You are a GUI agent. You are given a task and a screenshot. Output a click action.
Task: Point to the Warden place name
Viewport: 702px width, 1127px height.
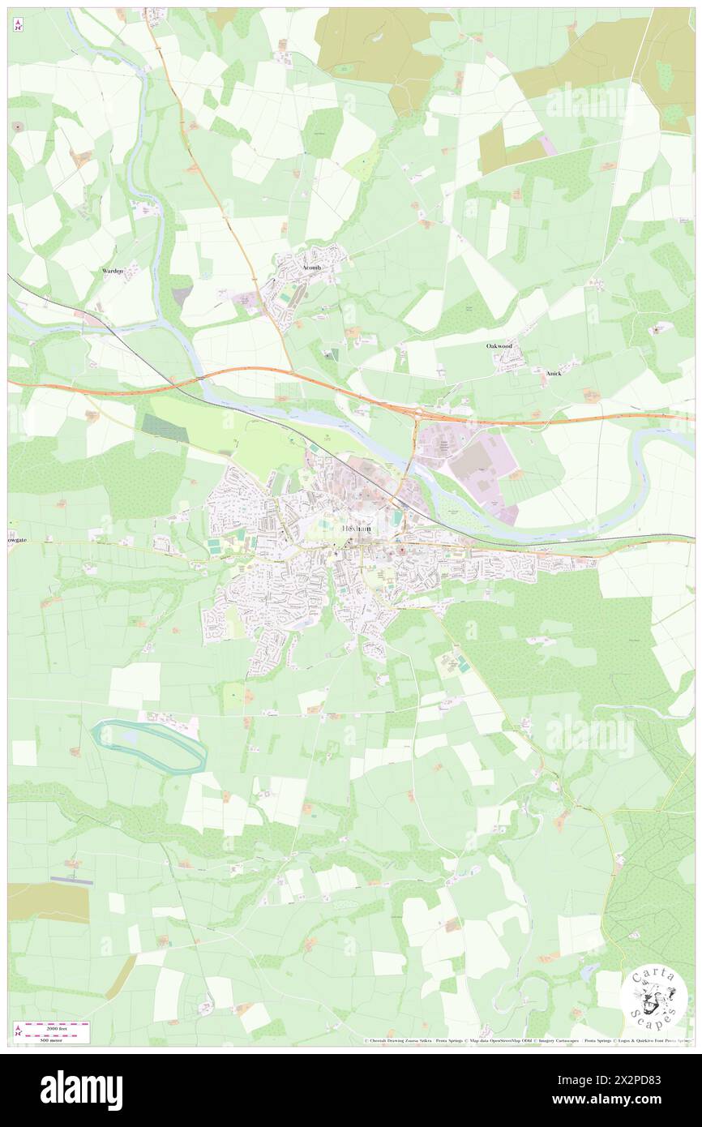pyautogui.click(x=113, y=270)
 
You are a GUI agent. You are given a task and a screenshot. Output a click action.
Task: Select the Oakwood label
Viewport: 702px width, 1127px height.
pyautogui.click(x=499, y=346)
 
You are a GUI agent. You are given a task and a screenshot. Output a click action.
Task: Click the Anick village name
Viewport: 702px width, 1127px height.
pyautogui.click(x=554, y=373)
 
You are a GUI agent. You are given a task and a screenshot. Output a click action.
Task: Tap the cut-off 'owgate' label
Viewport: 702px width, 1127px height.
pyautogui.click(x=19, y=538)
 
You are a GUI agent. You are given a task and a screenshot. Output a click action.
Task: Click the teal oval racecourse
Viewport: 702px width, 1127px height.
pyautogui.click(x=149, y=745)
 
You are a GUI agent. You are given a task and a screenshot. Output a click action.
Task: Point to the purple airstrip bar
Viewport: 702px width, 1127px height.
pyautogui.click(x=71, y=879)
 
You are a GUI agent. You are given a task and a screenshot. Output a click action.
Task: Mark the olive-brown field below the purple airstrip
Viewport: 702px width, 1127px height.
pyautogui.click(x=48, y=902)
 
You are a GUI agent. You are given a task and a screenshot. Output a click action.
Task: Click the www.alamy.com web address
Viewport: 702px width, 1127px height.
pyautogui.click(x=628, y=1100)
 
